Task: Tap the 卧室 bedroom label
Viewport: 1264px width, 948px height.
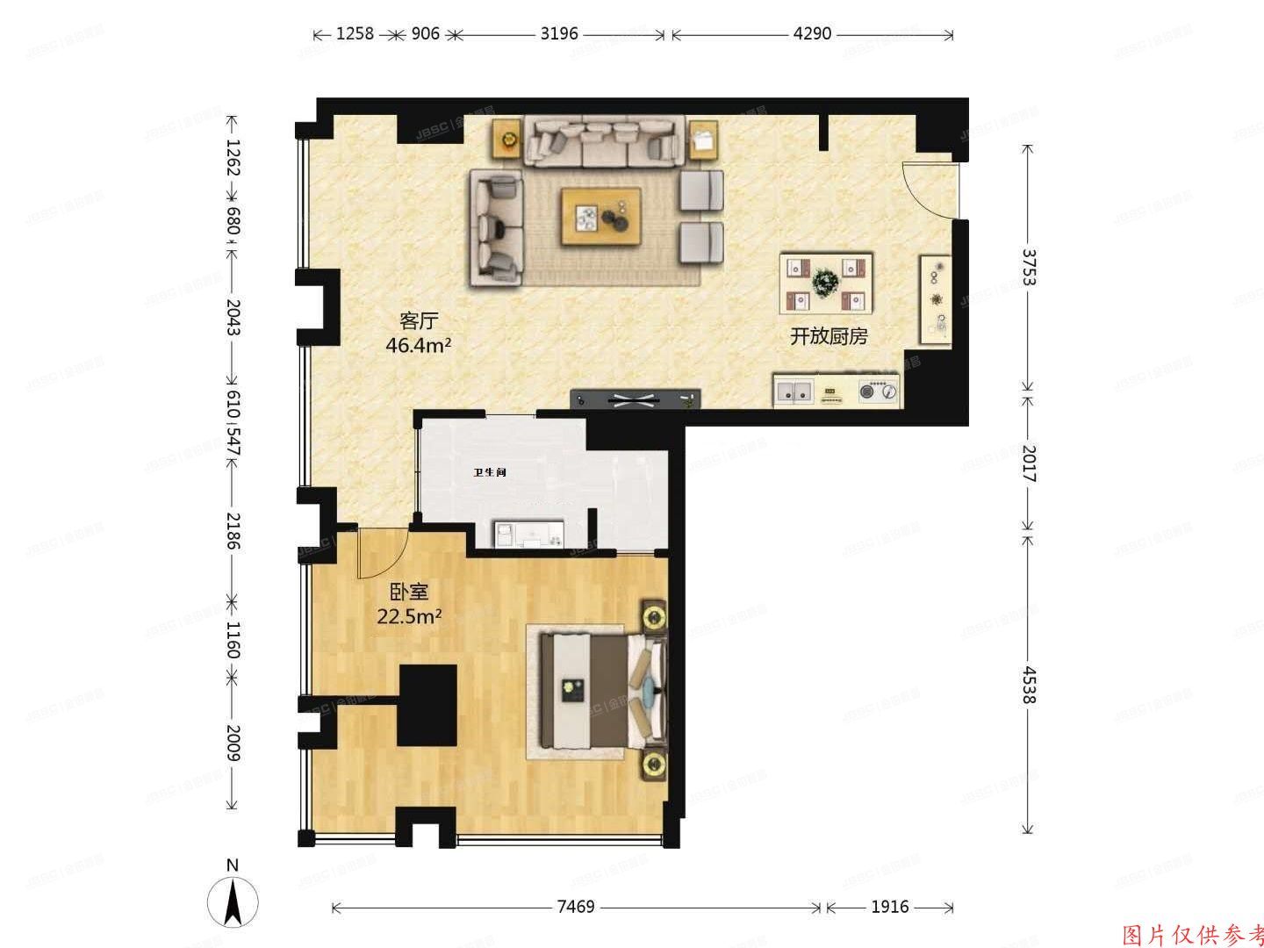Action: pos(408,592)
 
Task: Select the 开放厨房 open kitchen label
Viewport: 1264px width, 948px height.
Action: pos(829,336)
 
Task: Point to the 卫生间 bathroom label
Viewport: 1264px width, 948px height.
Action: pos(490,472)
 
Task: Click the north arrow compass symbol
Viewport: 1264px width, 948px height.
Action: pos(233,901)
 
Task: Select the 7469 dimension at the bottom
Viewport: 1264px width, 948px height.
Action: pos(576,907)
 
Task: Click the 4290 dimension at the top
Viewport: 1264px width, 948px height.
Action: pos(811,34)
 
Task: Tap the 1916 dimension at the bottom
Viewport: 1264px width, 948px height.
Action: pos(889,907)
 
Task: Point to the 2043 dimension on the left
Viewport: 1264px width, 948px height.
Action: pos(233,318)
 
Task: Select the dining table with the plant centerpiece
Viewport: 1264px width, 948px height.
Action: pos(826,284)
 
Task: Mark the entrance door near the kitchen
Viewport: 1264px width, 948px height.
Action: pos(930,190)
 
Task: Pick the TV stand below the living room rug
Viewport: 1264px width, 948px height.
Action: pos(636,399)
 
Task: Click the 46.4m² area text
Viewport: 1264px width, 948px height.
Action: pos(418,345)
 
